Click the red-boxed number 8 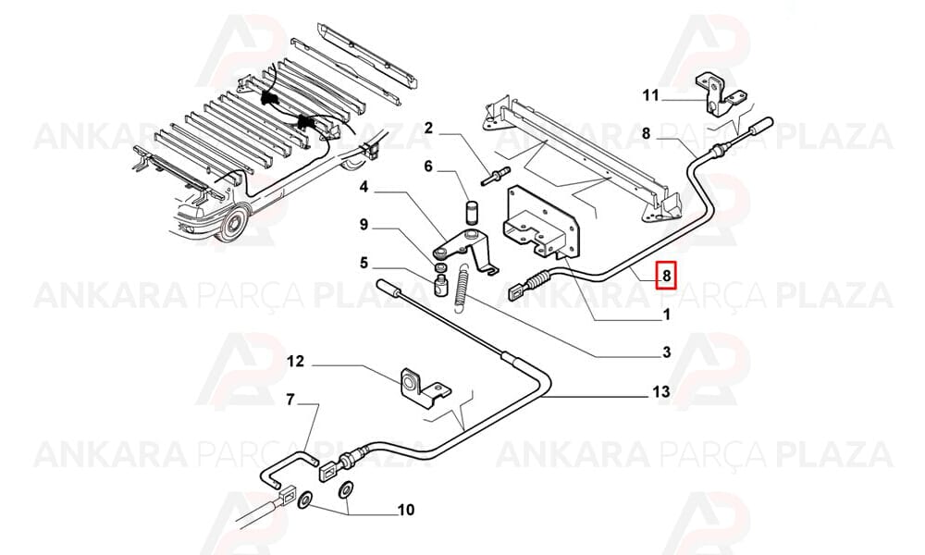point(667,275)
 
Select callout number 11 point(650,95)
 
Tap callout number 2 point(429,128)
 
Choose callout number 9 point(364,225)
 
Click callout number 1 point(667,314)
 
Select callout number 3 point(667,352)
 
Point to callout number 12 point(296,361)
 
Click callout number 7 point(290,401)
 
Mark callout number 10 point(406,509)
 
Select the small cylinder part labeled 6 point(471,209)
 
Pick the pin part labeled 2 point(497,177)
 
